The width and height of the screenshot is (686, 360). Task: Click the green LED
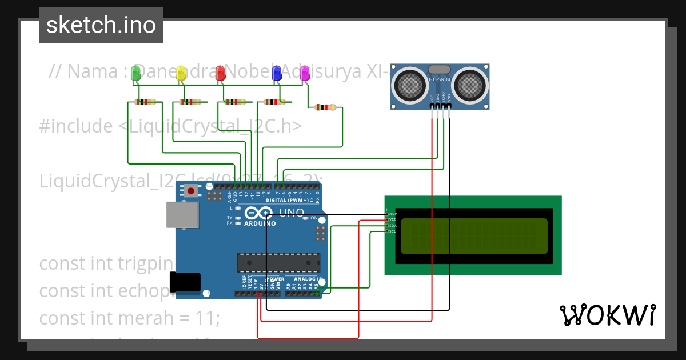coord(136,73)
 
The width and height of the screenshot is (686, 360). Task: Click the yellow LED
coord(182,73)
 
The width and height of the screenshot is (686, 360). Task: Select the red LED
coord(221,73)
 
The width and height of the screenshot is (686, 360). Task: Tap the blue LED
coord(277,73)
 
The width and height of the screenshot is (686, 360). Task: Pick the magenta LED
coord(305,73)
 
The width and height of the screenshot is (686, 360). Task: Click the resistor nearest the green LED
coord(145,102)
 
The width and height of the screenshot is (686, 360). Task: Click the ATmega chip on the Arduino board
coord(278,262)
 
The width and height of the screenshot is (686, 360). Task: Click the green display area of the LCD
coord(474,235)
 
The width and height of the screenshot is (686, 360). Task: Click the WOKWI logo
coord(607,315)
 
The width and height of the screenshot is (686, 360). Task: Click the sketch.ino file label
coord(101,25)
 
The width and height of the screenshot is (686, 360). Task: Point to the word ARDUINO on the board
coord(260,223)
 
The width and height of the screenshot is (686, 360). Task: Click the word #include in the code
coord(76,126)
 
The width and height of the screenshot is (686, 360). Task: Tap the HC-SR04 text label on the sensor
coord(440,79)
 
